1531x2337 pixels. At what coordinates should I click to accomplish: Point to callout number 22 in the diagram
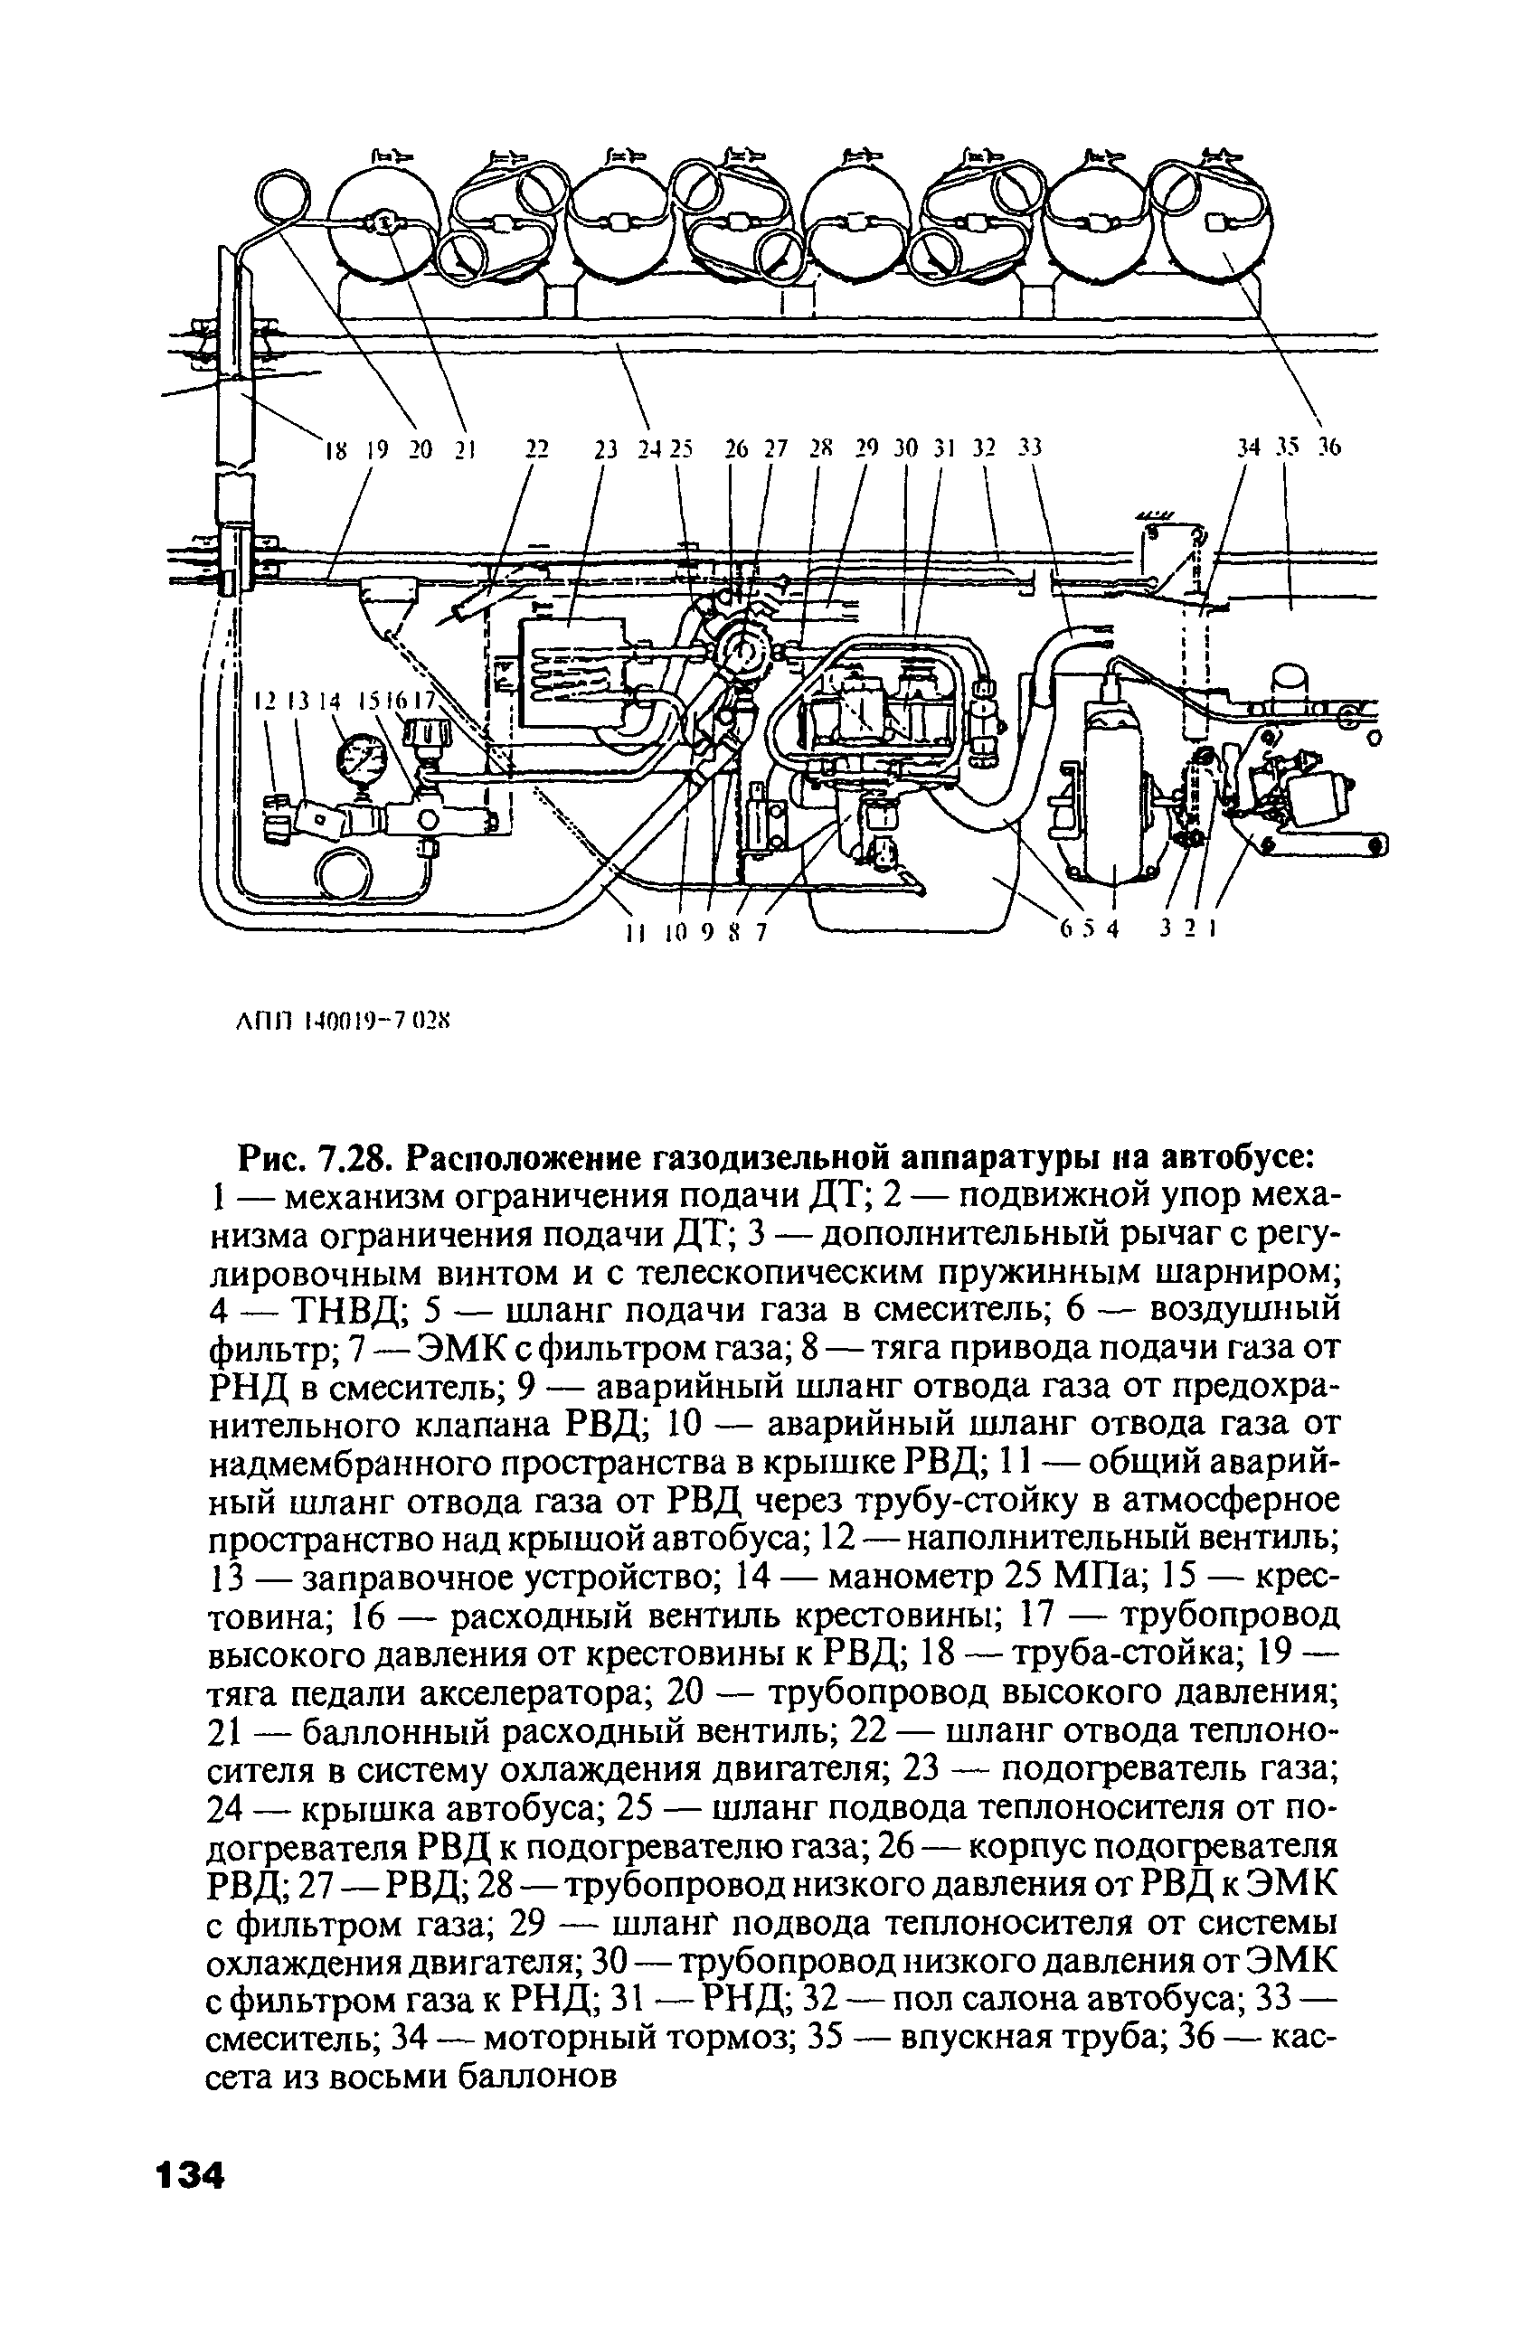tap(535, 448)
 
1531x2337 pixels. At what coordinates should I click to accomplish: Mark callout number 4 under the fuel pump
tap(1111, 930)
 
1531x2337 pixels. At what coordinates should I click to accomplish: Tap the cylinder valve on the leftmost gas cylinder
tap(383, 224)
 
